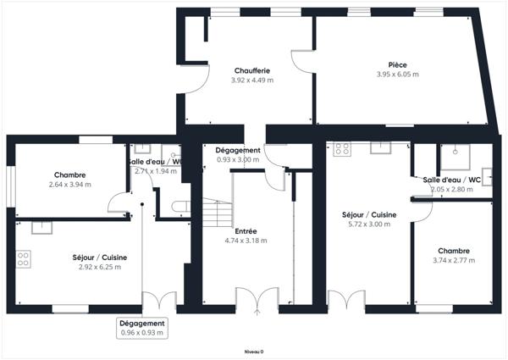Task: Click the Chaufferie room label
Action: point(251,70)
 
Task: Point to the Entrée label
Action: point(246,230)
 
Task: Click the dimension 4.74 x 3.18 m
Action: point(246,241)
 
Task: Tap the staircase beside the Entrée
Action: point(218,213)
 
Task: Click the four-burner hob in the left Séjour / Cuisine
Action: point(23,258)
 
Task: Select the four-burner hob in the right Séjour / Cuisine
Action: point(342,149)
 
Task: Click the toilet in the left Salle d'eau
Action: point(179,206)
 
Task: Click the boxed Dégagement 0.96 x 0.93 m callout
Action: point(142,328)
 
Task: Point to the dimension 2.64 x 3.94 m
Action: point(69,185)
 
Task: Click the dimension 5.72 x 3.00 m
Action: point(366,226)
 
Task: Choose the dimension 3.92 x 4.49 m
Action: point(251,80)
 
